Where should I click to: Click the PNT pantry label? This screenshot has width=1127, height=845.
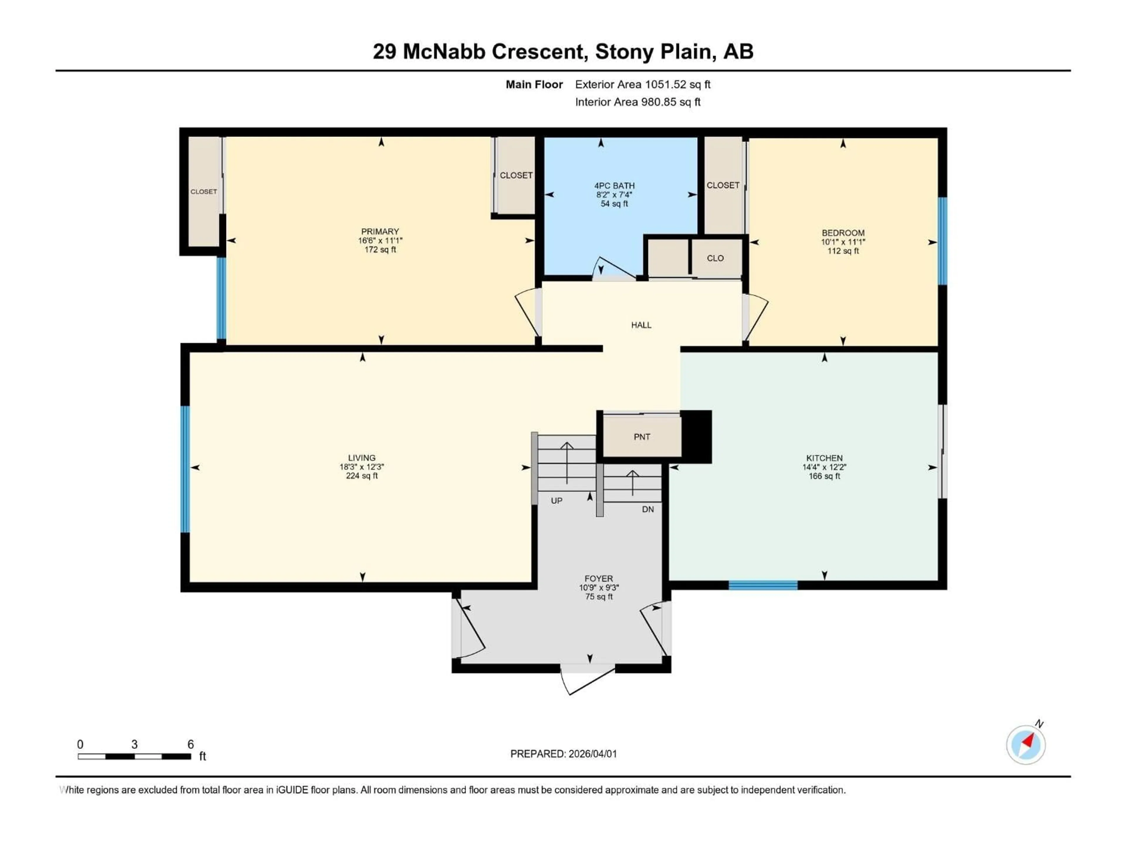pyautogui.click(x=642, y=437)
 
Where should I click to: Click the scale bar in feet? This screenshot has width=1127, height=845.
pyautogui.click(x=134, y=756)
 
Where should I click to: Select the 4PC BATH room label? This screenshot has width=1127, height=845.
pyautogui.click(x=614, y=186)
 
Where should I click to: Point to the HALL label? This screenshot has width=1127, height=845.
pyautogui.click(x=641, y=325)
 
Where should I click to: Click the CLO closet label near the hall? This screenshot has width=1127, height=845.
pyautogui.click(x=715, y=258)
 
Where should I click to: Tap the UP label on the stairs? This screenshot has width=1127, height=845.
pyautogui.click(x=556, y=501)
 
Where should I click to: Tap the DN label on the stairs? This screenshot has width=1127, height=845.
pyautogui.click(x=647, y=509)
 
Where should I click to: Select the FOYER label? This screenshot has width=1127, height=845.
pyautogui.click(x=599, y=579)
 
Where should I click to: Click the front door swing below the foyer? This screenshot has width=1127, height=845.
pyautogui.click(x=586, y=680)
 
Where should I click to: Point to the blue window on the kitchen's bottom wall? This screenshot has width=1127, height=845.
pyautogui.click(x=763, y=585)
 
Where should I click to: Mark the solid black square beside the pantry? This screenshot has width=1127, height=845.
pyautogui.click(x=696, y=437)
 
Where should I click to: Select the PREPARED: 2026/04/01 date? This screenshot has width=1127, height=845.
pyautogui.click(x=563, y=754)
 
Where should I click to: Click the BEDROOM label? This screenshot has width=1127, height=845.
pyautogui.click(x=843, y=233)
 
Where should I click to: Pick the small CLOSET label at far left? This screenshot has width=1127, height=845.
pyautogui.click(x=203, y=192)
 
